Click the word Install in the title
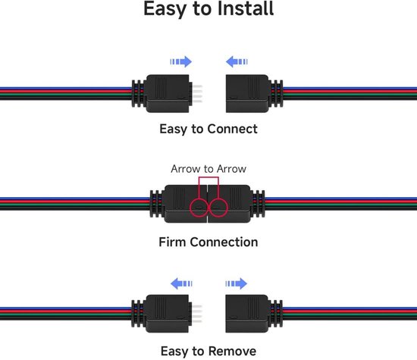click(246, 8)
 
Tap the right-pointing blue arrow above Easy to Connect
click(181, 61)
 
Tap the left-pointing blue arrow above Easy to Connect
click(237, 61)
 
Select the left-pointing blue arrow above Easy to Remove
click(181, 283)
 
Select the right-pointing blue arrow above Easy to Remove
click(236, 283)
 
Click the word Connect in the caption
click(232, 129)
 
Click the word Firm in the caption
click(172, 242)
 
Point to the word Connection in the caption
click(224, 242)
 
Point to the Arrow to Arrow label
click(208, 169)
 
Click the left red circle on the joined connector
click(199, 207)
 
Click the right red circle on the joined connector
click(218, 207)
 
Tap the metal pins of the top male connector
click(196, 93)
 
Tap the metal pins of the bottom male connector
click(196, 314)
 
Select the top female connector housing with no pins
click(247, 93)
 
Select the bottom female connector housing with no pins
click(247, 314)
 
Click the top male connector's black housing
click(168, 93)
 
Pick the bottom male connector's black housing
click(168, 314)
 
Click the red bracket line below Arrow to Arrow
click(208, 177)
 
